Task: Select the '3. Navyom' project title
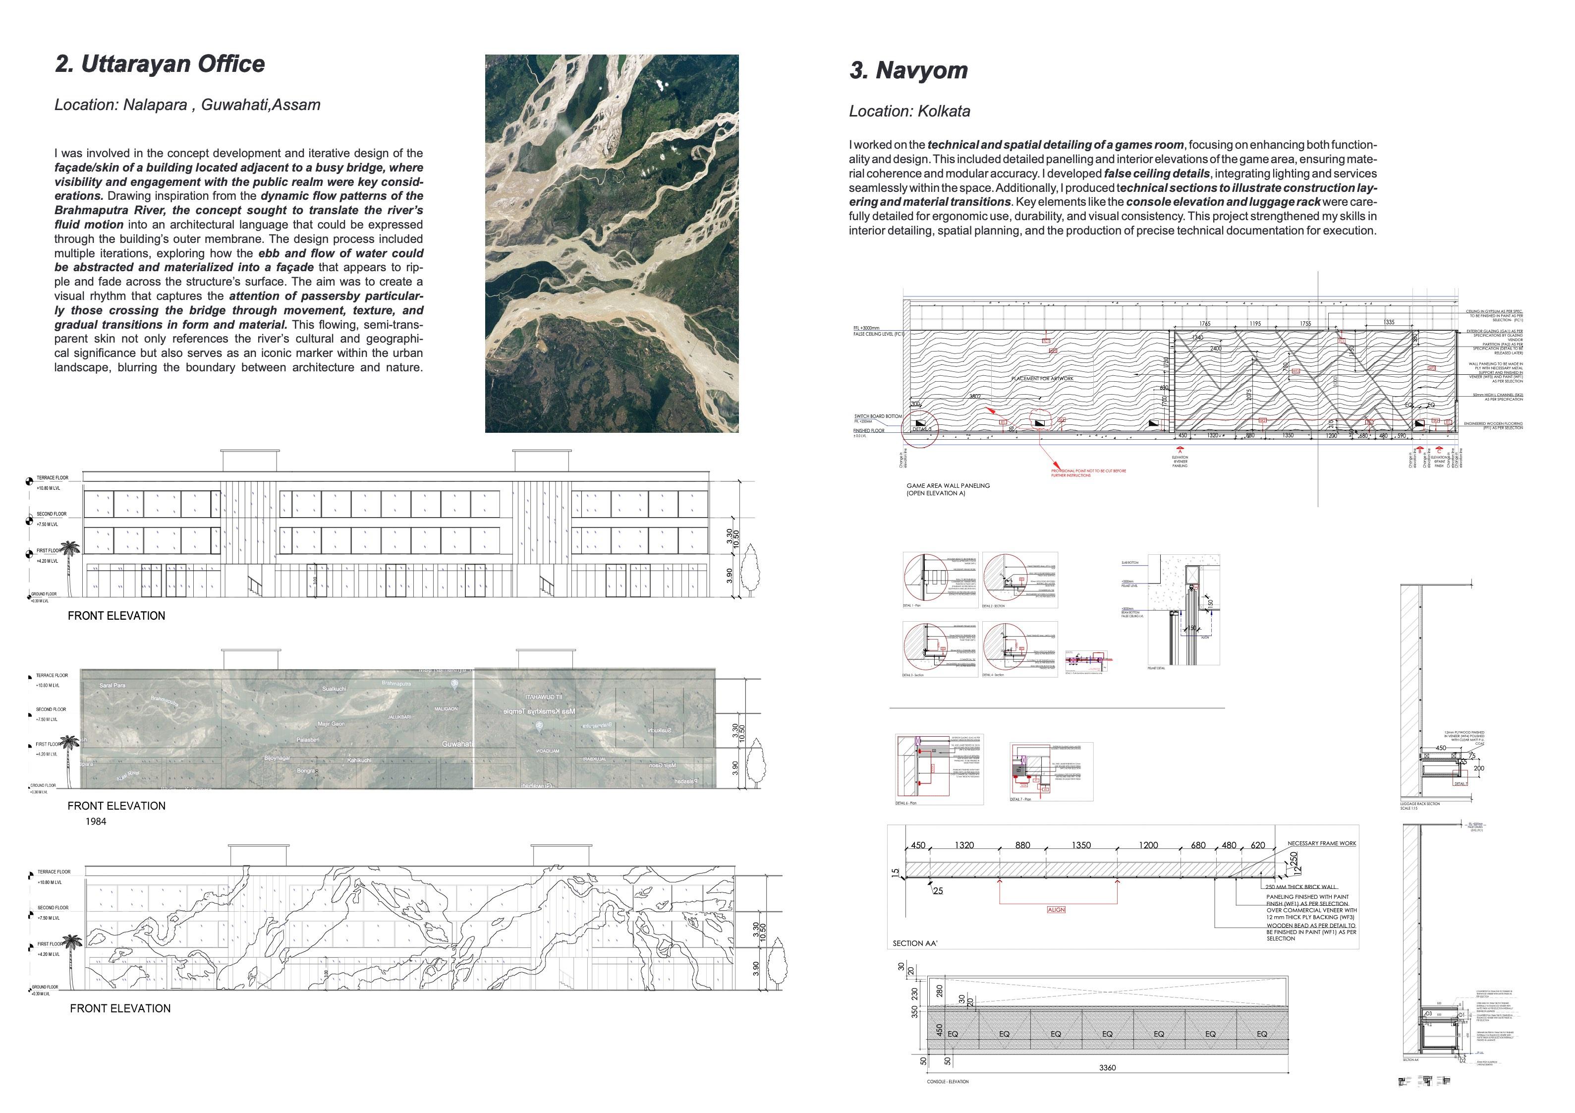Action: click(908, 70)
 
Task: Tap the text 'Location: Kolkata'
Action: click(909, 111)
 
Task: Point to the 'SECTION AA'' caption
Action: click(914, 943)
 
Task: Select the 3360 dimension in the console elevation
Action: click(1107, 1068)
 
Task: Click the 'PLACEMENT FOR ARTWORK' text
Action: click(1042, 379)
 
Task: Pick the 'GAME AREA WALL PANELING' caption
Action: click(948, 486)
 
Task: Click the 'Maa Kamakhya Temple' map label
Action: click(539, 711)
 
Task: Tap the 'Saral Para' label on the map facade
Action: click(112, 686)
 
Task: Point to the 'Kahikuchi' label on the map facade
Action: click(359, 761)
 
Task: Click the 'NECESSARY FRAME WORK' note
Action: click(1321, 843)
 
